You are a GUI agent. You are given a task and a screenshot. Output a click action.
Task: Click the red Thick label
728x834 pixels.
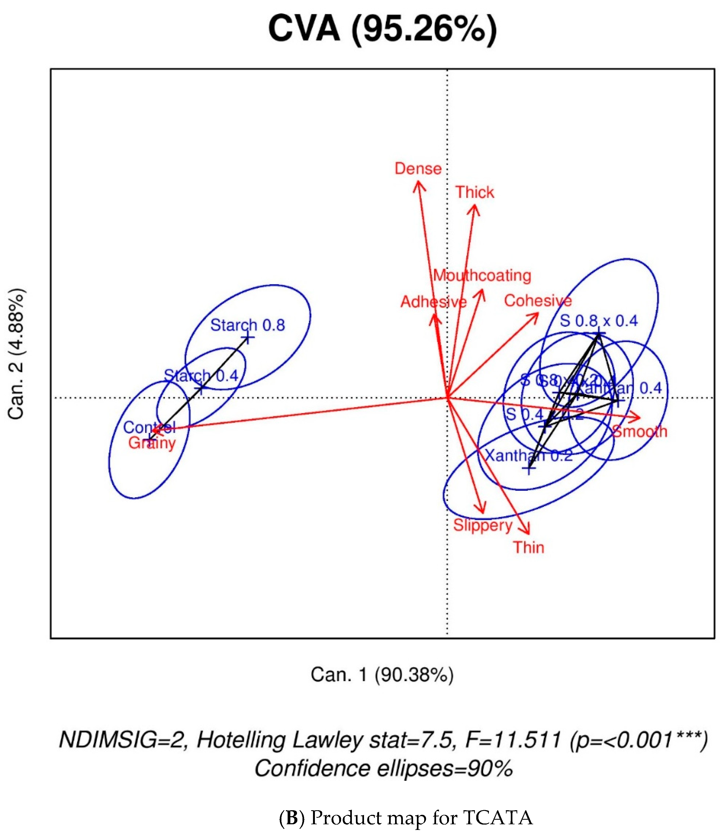(x=475, y=192)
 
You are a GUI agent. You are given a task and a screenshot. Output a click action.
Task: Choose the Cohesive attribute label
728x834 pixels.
(x=538, y=301)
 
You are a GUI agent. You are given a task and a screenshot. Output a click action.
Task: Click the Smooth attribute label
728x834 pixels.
(x=639, y=431)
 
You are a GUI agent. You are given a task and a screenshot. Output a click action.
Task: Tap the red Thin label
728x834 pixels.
(x=529, y=547)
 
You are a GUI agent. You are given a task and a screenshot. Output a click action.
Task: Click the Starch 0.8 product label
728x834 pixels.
(x=247, y=325)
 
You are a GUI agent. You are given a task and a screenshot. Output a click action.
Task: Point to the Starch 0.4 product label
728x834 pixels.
(x=201, y=375)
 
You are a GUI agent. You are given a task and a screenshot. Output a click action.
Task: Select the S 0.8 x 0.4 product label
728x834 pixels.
(x=599, y=321)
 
